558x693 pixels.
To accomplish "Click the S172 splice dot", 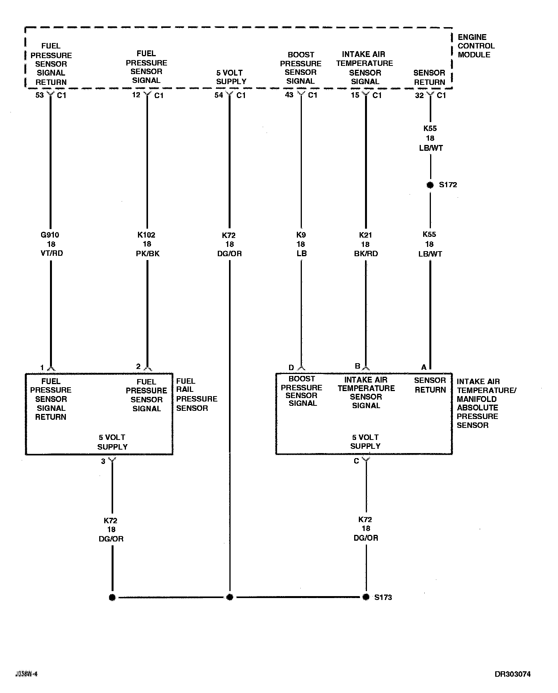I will click(430, 185).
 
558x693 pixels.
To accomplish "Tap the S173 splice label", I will click(383, 597).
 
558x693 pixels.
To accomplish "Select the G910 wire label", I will click(50, 235).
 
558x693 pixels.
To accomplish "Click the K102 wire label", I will click(146, 235).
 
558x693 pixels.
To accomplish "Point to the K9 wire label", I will click(301, 235).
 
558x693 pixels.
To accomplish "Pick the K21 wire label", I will click(365, 235).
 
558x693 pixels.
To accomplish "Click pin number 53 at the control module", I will click(40, 95).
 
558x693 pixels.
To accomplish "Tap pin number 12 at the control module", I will click(136, 95).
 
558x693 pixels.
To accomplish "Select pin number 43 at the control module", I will click(289, 95).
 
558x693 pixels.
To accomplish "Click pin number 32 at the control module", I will click(419, 95).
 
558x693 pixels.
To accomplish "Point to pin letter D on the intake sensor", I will click(291, 367).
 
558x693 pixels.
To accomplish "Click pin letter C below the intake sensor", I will click(356, 461).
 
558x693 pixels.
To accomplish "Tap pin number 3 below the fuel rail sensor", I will click(103, 461).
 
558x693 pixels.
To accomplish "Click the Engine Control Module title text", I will click(476, 46).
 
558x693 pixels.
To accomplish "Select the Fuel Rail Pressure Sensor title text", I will click(196, 395).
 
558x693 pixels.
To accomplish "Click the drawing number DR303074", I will click(512, 674).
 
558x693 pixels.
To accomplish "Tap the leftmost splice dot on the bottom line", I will click(112, 597).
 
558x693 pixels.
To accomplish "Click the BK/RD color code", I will click(365, 254).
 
